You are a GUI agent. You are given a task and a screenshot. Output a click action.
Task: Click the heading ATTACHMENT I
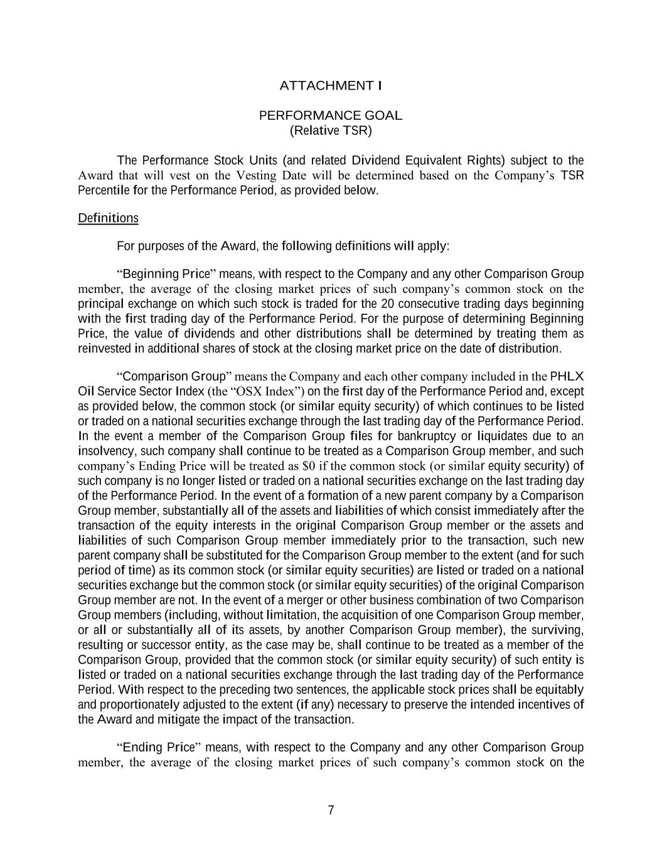click(x=331, y=85)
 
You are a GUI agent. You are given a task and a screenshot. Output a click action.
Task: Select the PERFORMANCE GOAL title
click(x=331, y=115)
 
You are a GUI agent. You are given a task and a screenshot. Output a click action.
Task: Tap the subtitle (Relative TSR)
click(x=331, y=130)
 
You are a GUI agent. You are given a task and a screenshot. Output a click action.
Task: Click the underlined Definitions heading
click(x=108, y=218)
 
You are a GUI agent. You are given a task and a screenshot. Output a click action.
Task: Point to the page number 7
click(x=331, y=810)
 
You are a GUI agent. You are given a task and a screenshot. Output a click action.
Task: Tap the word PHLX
click(x=567, y=376)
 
